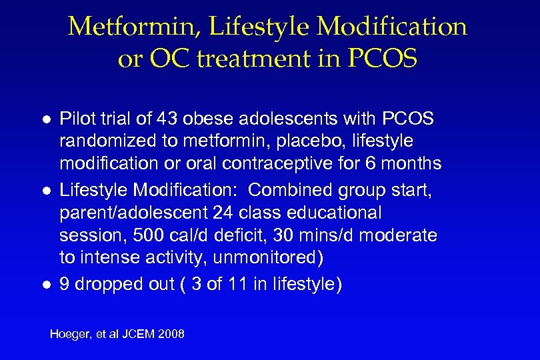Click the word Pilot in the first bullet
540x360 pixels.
point(76,119)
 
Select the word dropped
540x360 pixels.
point(105,285)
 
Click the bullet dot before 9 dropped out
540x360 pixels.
point(45,285)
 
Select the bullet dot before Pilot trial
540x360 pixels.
point(45,120)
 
